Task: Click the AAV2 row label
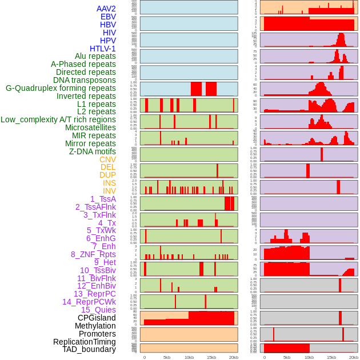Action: click(106, 9)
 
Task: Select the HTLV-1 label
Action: click(102, 49)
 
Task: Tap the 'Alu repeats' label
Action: click(95, 56)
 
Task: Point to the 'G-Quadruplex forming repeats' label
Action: click(61, 88)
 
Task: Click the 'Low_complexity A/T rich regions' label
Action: click(58, 119)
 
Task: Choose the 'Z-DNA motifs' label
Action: click(92, 151)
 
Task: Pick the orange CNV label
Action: click(107, 159)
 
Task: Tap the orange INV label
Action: click(109, 191)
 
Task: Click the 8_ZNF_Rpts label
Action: click(93, 254)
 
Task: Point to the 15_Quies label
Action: click(98, 310)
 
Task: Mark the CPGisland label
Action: click(97, 318)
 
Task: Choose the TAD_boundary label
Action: click(89, 349)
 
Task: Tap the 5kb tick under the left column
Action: click(167, 357)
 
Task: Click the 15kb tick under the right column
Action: click(331, 357)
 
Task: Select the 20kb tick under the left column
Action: click(233, 357)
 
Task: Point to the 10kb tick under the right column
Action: click(309, 357)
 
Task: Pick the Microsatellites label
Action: click(90, 127)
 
